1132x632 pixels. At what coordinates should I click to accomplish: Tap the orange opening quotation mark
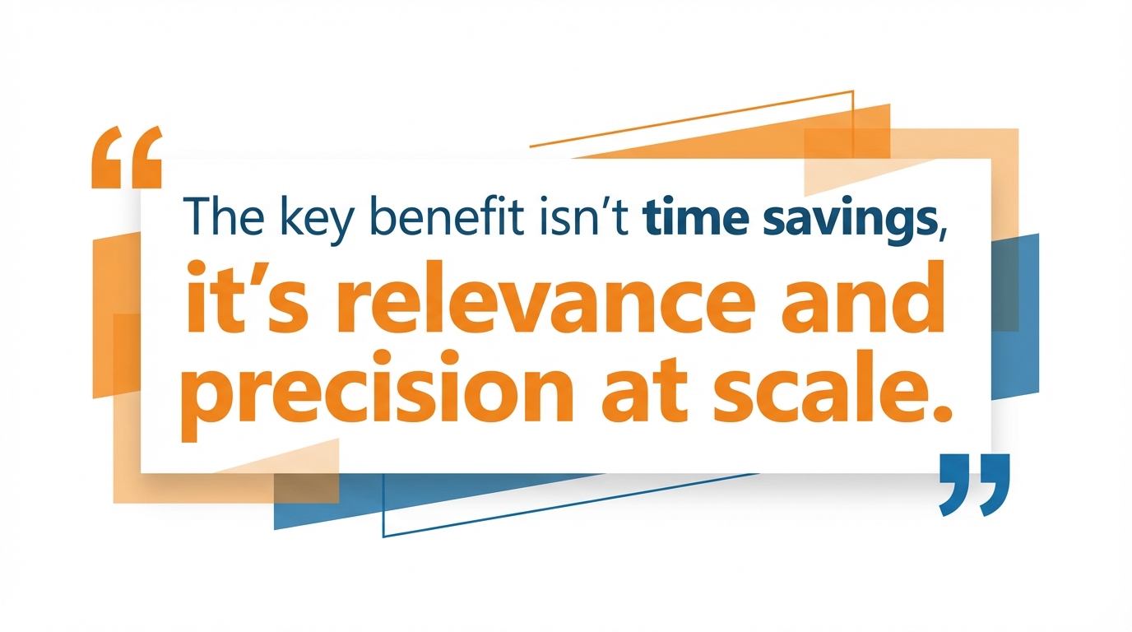click(x=126, y=157)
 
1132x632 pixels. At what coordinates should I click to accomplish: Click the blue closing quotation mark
click(x=974, y=484)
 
